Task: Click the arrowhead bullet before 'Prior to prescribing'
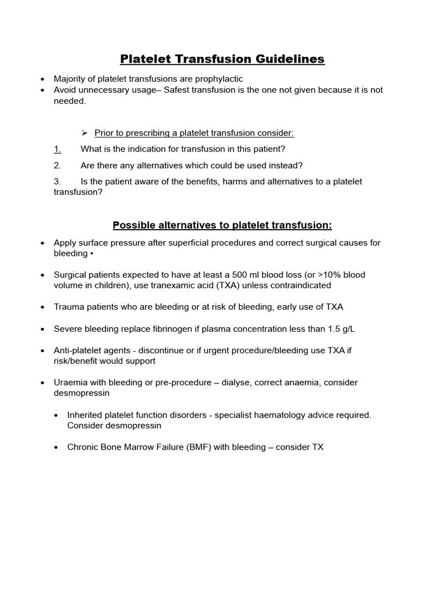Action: tap(84, 133)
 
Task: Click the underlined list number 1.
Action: tap(57, 149)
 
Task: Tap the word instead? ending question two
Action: tap(283, 165)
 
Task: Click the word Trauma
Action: tap(68, 307)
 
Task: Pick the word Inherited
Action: tap(86, 415)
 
